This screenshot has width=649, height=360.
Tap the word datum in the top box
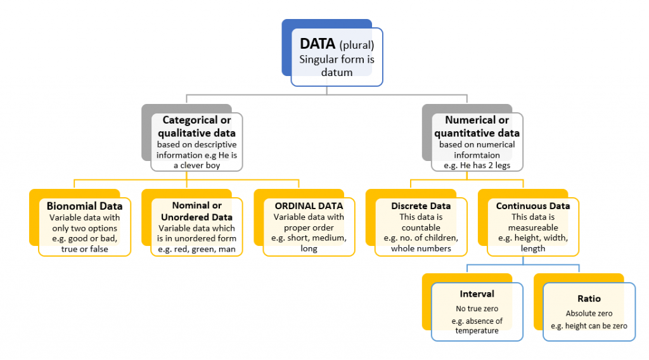(x=337, y=73)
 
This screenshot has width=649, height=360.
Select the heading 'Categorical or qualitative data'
(x=196, y=127)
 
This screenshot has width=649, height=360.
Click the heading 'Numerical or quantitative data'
(x=477, y=127)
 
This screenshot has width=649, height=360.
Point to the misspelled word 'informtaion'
(x=477, y=155)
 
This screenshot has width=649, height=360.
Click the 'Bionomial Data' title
(x=84, y=206)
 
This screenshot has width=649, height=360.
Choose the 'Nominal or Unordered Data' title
(x=196, y=212)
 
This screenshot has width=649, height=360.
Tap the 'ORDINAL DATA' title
(x=309, y=206)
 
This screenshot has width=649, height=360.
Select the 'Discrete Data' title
(x=421, y=206)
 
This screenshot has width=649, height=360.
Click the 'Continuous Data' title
(x=532, y=206)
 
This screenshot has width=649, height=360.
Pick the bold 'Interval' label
(x=477, y=294)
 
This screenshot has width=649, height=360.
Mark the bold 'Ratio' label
(x=589, y=299)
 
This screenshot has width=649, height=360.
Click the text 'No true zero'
(x=477, y=309)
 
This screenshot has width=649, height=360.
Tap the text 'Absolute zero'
(x=589, y=313)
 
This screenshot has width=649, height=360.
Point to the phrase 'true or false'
(x=84, y=249)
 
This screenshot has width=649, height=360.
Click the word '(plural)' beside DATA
(x=357, y=46)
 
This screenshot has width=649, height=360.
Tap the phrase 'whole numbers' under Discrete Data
(x=421, y=249)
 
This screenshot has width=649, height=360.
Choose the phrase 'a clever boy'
(x=196, y=165)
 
